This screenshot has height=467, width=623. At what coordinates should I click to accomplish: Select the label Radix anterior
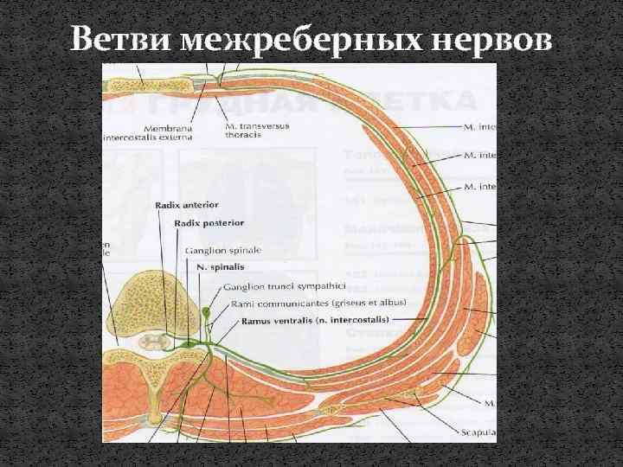(186, 205)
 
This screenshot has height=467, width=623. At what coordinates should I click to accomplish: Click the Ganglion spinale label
(222, 250)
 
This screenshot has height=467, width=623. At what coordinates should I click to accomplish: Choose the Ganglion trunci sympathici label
(284, 285)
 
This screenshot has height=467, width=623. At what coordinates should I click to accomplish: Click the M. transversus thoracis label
(258, 130)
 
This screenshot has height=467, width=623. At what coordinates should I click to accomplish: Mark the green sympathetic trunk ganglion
(206, 310)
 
